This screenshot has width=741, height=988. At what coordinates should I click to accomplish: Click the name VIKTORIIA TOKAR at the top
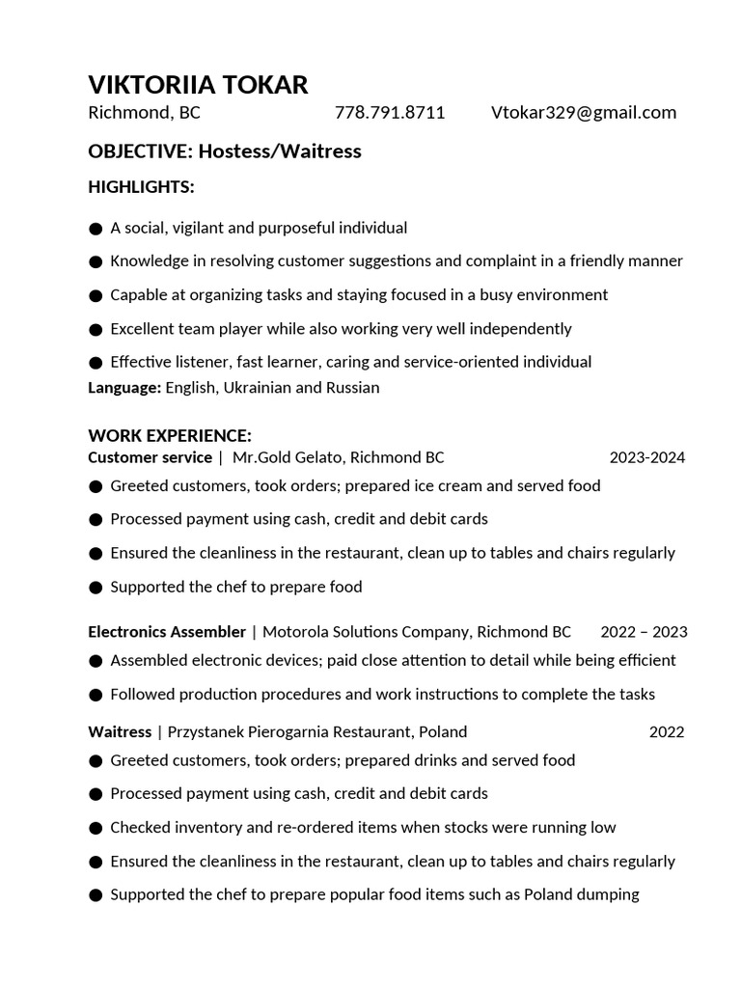198,85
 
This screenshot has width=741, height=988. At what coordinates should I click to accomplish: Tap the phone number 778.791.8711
390,113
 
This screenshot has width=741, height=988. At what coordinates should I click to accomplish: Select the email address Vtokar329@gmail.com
583,113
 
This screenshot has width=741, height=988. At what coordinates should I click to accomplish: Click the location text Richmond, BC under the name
144,113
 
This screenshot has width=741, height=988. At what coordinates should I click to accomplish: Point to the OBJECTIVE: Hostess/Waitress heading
224,151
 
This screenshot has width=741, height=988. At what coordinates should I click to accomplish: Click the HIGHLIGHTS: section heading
141,186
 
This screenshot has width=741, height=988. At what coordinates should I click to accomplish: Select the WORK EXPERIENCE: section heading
170,436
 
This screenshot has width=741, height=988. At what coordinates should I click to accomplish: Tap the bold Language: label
124,388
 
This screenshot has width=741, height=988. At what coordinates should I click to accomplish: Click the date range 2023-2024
646,457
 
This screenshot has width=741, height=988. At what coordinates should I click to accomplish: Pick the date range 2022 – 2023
644,632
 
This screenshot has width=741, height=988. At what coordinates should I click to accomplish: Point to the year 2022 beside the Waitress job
666,731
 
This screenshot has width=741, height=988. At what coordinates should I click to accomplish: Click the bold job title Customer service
150,457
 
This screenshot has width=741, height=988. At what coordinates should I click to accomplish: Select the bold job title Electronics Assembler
167,632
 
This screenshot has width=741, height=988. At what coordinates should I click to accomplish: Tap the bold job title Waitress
120,731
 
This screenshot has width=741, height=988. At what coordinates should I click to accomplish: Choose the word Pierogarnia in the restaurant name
293,731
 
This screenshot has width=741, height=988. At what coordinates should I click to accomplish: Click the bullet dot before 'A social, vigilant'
96,229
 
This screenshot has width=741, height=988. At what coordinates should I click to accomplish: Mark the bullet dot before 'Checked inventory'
96,828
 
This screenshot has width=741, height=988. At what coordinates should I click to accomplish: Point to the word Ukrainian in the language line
259,388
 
